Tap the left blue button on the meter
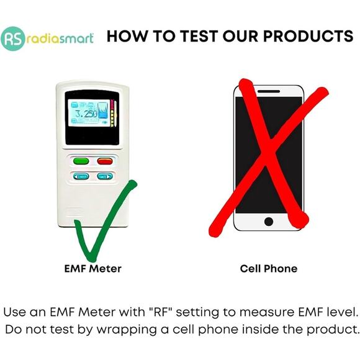pyautogui.click(x=81, y=176)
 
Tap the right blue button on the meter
pyautogui.click(x=104, y=176)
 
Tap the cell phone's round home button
pyautogui.click(x=269, y=221)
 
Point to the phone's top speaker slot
pyautogui.click(x=269, y=92)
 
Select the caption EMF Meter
pyautogui.click(x=92, y=269)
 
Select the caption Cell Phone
pyautogui.click(x=269, y=269)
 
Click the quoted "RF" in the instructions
pyautogui.click(x=160, y=310)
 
